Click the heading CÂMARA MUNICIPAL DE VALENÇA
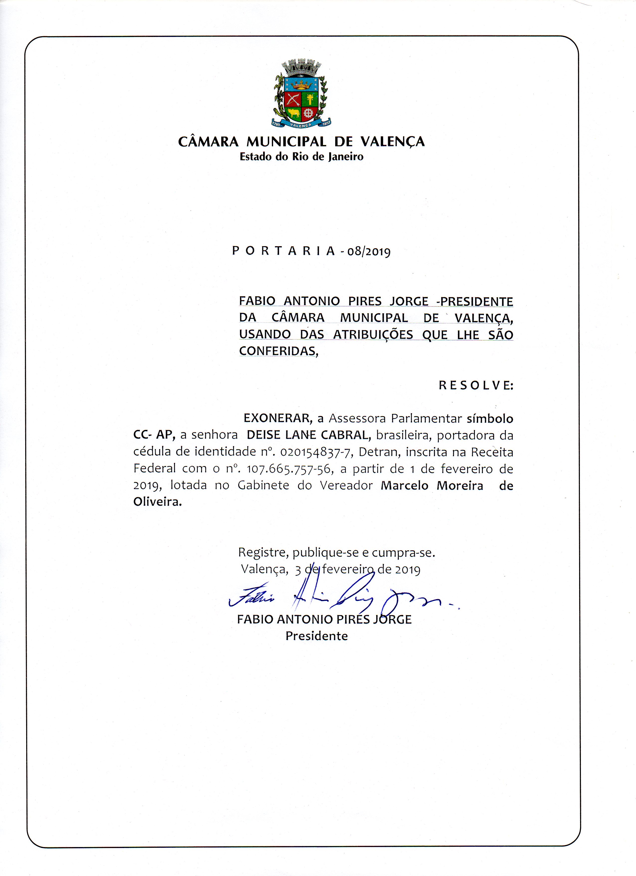[301, 142]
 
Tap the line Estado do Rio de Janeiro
[301, 157]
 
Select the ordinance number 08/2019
[369, 252]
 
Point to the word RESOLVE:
[476, 385]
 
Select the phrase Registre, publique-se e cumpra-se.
[336, 552]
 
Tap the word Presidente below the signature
[317, 636]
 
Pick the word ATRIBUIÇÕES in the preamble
[373, 335]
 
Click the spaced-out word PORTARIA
[284, 251]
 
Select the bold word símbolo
[490, 418]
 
